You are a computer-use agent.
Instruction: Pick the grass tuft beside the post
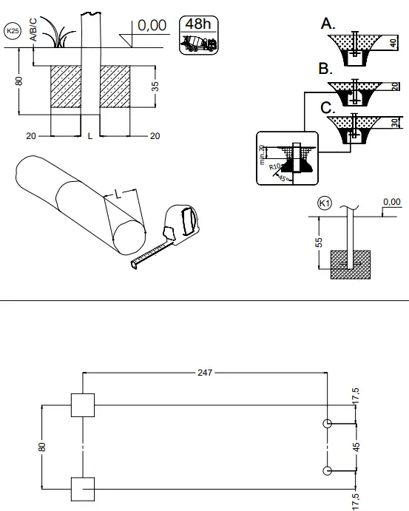55,33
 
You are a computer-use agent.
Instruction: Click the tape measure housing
183,222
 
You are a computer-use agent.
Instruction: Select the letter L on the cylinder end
116,194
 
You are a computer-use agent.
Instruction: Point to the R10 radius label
275,167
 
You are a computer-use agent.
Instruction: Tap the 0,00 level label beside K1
391,201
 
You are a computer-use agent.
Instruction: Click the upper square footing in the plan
81,405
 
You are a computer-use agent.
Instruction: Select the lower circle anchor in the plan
327,470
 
